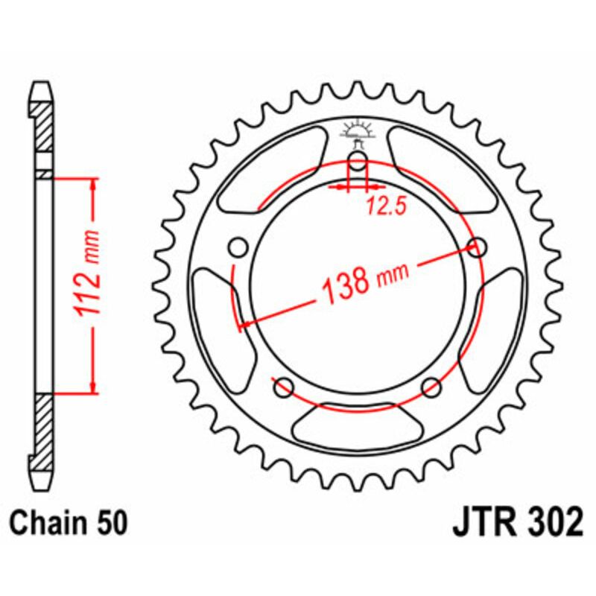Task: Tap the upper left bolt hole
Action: (x=238, y=247)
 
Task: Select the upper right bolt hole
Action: (x=478, y=247)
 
